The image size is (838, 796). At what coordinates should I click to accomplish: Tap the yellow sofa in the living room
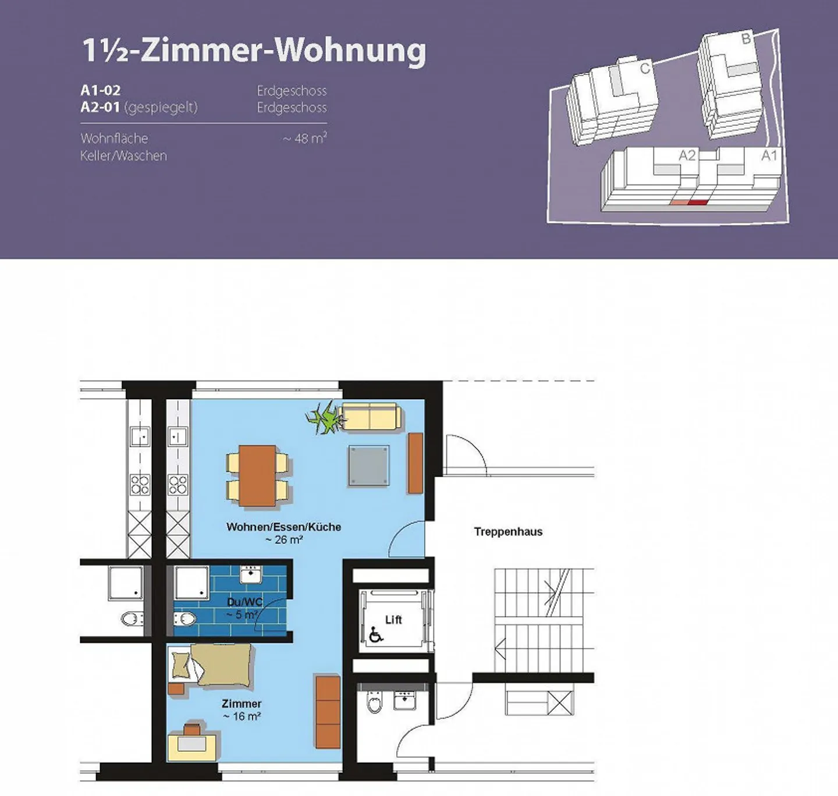click(371, 416)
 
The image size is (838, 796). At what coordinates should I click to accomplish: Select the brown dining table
click(257, 475)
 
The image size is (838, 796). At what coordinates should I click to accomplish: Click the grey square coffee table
click(369, 465)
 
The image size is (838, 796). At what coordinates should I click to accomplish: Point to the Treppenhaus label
click(508, 532)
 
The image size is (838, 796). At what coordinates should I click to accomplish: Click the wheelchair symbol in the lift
click(375, 634)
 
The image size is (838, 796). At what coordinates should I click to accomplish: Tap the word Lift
click(393, 620)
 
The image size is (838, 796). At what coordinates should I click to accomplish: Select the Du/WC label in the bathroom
click(244, 602)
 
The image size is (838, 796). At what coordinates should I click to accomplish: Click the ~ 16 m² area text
click(242, 716)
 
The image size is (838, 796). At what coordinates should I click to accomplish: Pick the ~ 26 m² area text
click(285, 540)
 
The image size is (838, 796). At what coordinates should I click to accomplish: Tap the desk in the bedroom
click(192, 746)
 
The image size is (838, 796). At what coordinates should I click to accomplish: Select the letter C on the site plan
click(645, 68)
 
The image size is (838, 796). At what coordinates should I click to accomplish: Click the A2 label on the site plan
click(687, 155)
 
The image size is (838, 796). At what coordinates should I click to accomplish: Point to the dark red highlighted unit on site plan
click(697, 202)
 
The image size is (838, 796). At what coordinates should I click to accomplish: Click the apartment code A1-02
click(101, 90)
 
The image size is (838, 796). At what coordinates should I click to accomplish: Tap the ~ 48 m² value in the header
click(304, 138)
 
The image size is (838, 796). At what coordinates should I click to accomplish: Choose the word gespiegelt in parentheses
click(161, 107)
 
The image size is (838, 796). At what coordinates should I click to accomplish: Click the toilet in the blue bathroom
click(184, 619)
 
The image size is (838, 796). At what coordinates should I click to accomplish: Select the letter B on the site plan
click(746, 39)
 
